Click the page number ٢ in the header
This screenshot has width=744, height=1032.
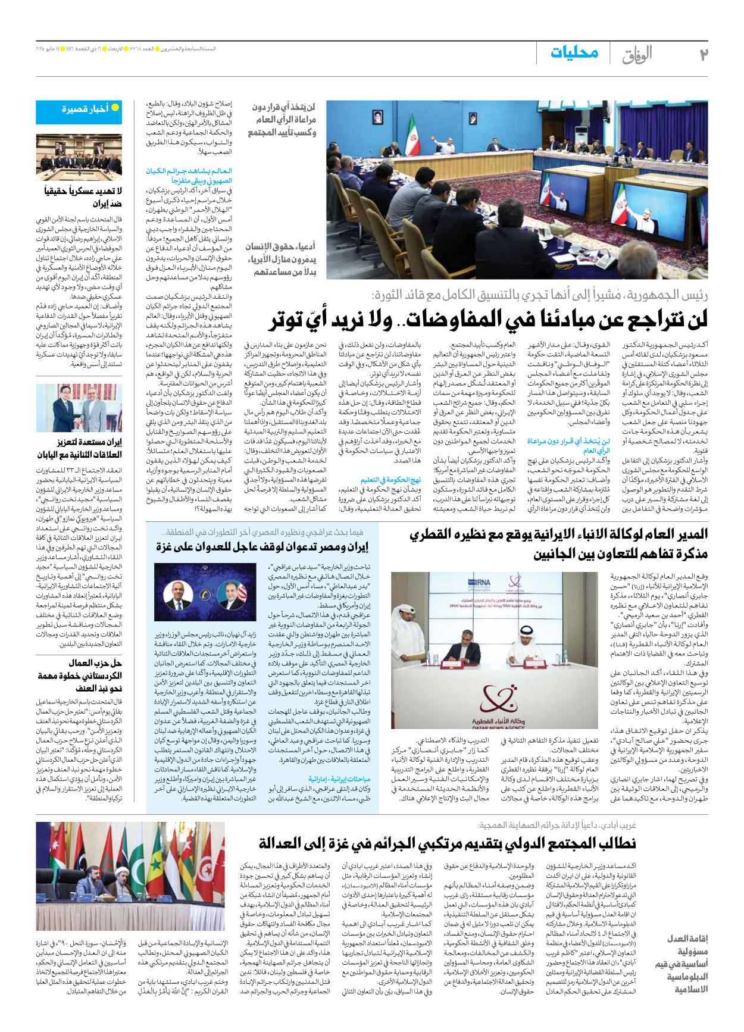pos(703,54)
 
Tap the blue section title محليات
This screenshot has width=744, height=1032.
pos(574,52)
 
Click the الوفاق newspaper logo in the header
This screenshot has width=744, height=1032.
pos(637,55)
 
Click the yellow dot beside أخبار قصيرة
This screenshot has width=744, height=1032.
pos(115,108)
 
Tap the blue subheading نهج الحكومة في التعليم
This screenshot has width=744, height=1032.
pos(390,479)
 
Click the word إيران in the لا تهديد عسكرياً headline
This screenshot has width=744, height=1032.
pos(109,204)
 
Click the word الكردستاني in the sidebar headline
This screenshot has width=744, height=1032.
pos(101,676)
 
